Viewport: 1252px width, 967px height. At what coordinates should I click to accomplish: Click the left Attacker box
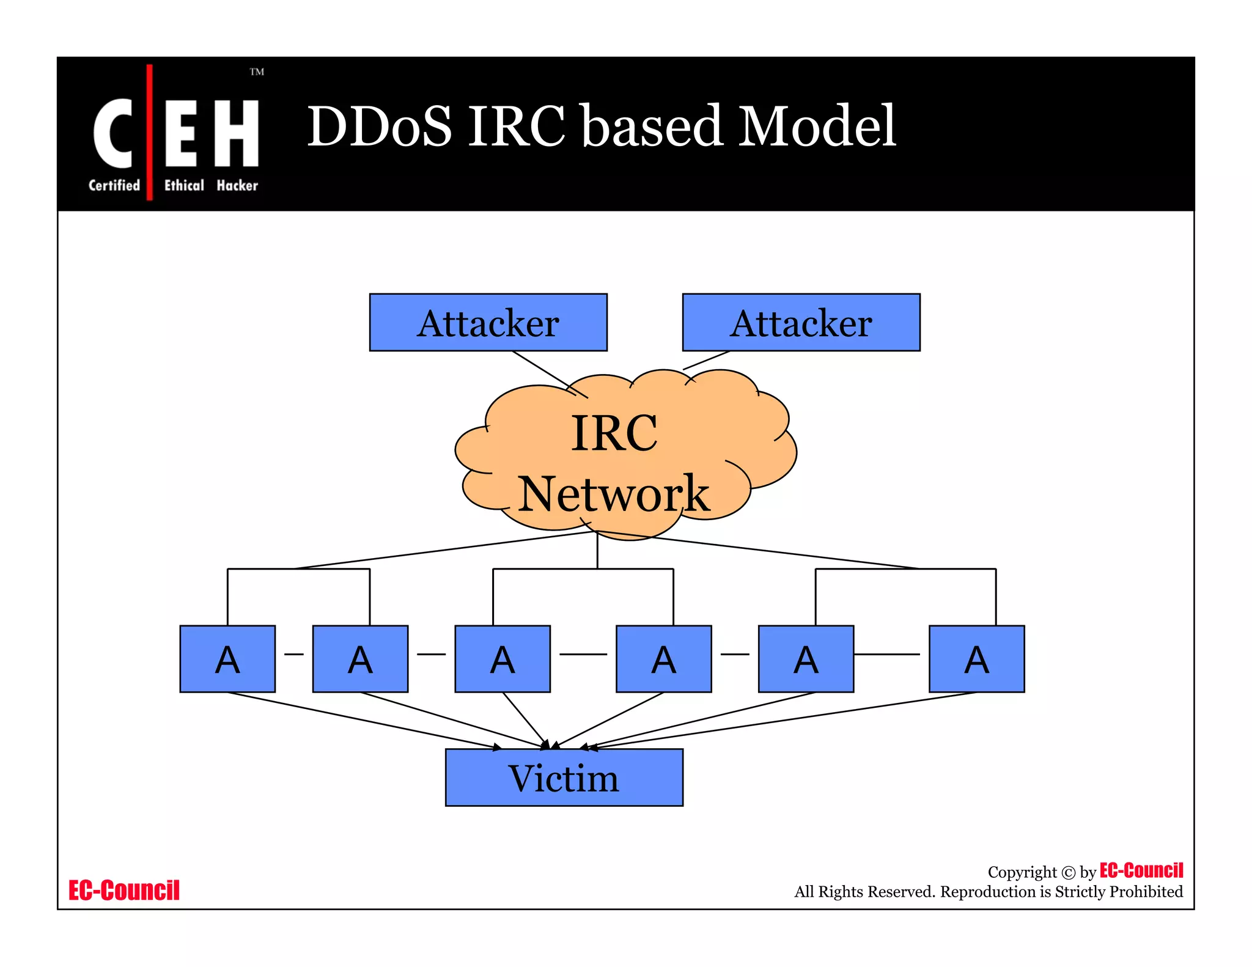(x=488, y=322)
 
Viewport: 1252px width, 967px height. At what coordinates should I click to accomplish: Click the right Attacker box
(x=801, y=322)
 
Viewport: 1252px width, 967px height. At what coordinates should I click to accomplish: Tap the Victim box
(x=564, y=778)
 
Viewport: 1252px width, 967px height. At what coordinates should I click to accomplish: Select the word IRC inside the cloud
(x=614, y=433)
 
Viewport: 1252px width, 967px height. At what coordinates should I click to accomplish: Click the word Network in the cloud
(x=614, y=494)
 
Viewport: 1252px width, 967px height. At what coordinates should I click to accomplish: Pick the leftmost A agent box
(x=227, y=659)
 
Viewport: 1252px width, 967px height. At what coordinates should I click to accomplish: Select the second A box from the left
(x=360, y=659)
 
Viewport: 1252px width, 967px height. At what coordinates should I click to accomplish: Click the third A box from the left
(x=503, y=659)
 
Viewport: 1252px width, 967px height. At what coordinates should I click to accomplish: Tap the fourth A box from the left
(x=663, y=659)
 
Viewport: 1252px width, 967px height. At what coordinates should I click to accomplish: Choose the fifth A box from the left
(x=806, y=659)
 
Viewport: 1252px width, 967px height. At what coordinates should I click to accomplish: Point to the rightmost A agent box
(x=976, y=659)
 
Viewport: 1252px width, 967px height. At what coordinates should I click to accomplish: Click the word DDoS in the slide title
(x=379, y=127)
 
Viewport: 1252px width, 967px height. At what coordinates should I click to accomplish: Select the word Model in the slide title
(x=817, y=127)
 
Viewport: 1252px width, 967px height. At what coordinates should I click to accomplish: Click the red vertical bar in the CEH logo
(x=149, y=131)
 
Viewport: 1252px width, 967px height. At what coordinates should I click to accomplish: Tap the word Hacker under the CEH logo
(x=237, y=185)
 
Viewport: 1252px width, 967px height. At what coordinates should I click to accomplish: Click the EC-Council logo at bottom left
(x=123, y=890)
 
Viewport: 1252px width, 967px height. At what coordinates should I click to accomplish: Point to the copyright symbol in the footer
(x=1068, y=873)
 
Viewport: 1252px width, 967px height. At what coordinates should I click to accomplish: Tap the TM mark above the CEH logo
(x=257, y=72)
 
